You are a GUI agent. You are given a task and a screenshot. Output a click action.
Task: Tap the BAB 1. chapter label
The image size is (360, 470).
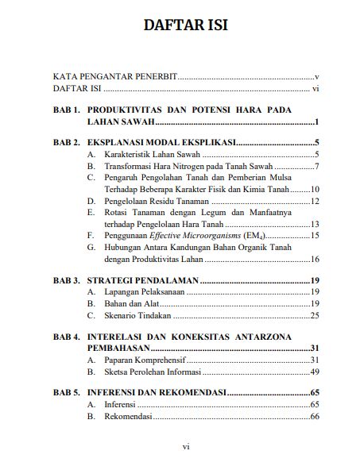(65, 109)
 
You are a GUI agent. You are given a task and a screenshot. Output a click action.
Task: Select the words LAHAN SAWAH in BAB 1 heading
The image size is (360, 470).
(120, 122)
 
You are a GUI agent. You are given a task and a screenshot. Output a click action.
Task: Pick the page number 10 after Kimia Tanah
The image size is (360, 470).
(314, 190)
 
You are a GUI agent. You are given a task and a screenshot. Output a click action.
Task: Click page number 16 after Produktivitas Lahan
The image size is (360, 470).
(314, 259)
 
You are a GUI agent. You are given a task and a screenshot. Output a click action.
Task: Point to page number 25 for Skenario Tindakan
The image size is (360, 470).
(314, 315)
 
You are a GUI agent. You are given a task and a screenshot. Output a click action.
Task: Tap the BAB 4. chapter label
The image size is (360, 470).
(65, 337)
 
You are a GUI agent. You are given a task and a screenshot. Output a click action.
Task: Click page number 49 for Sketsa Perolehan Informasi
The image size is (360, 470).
(314, 372)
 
